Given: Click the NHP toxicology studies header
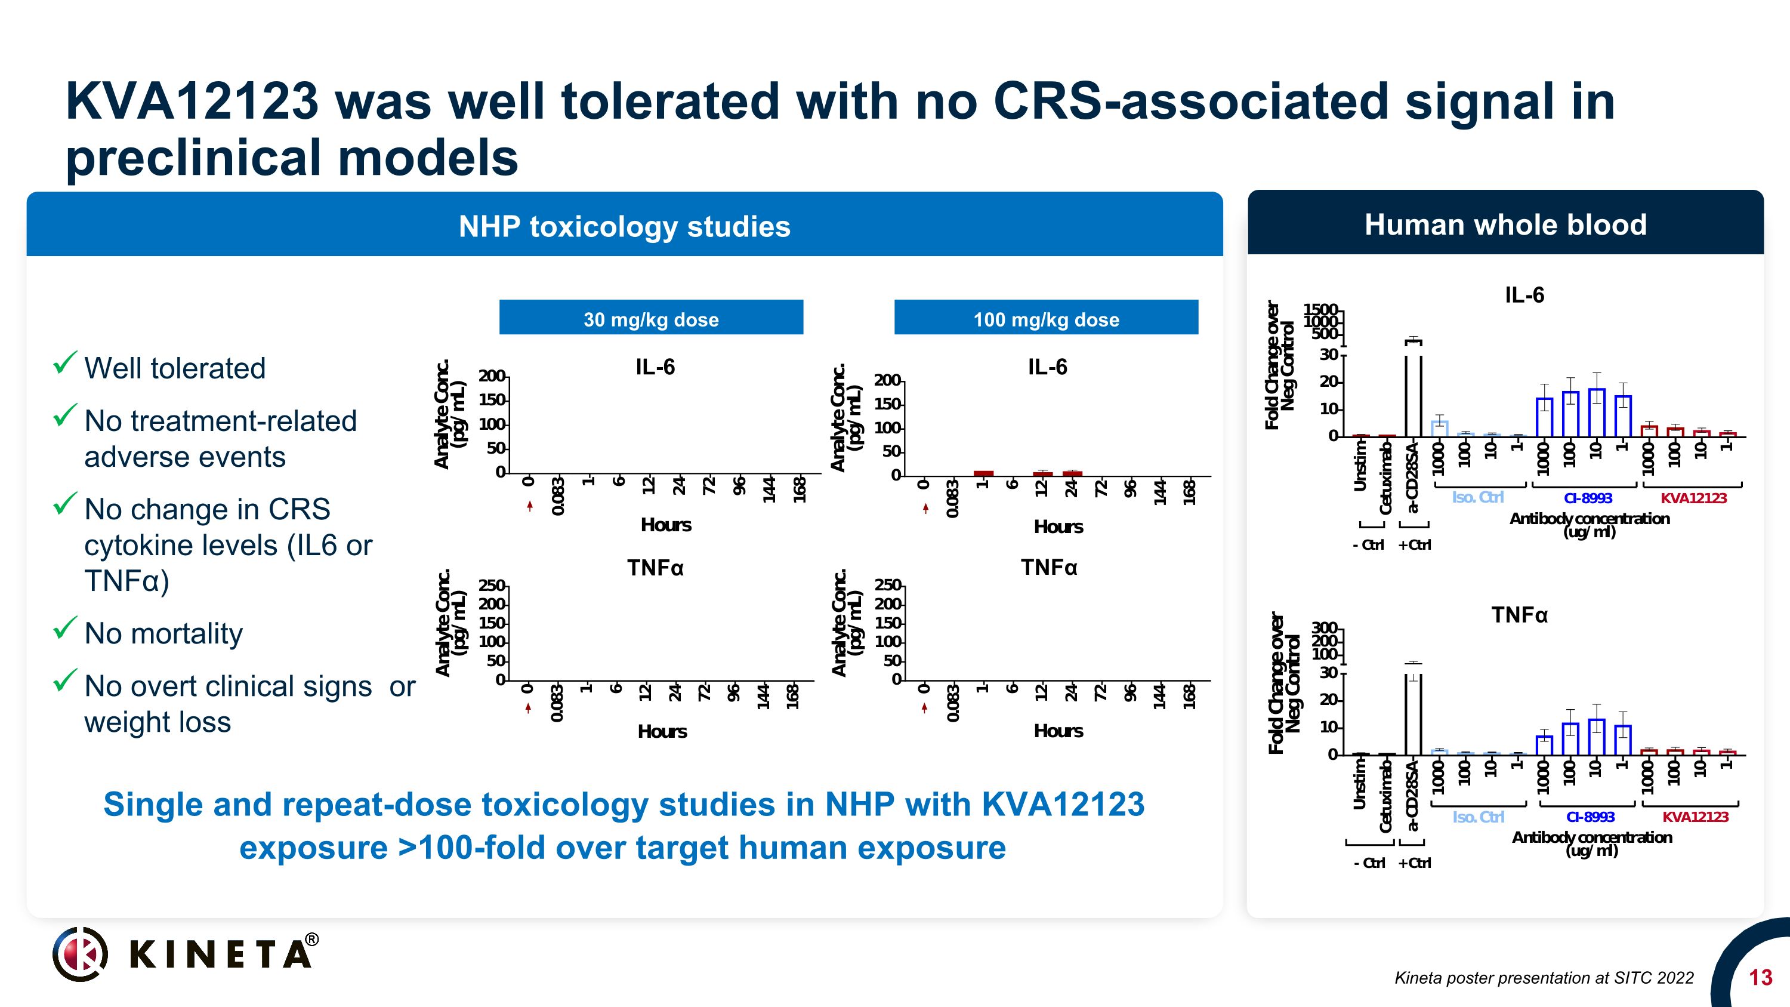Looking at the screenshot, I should pos(624,227).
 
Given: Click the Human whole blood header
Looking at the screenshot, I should pos(1505,224).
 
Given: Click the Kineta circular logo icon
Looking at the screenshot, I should pos(81,953).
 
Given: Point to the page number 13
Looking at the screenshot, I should pos(1760,978).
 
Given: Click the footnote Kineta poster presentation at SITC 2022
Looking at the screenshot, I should pos(1544,978).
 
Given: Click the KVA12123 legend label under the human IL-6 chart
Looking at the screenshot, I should pos(1693,498).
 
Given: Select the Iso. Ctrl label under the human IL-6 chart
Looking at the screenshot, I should pos(1477,497).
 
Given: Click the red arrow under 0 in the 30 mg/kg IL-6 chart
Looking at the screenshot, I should pos(529,506).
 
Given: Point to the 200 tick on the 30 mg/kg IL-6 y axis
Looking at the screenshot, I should pos(491,376).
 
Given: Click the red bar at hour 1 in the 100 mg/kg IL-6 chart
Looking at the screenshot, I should pos(983,473).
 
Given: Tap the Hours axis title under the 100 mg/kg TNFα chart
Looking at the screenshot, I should pos(1058,731).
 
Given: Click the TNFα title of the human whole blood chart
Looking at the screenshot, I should pos(1519,615).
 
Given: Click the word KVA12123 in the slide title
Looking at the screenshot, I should pos(192,101).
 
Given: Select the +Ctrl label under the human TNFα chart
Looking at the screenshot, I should pos(1414,863).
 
